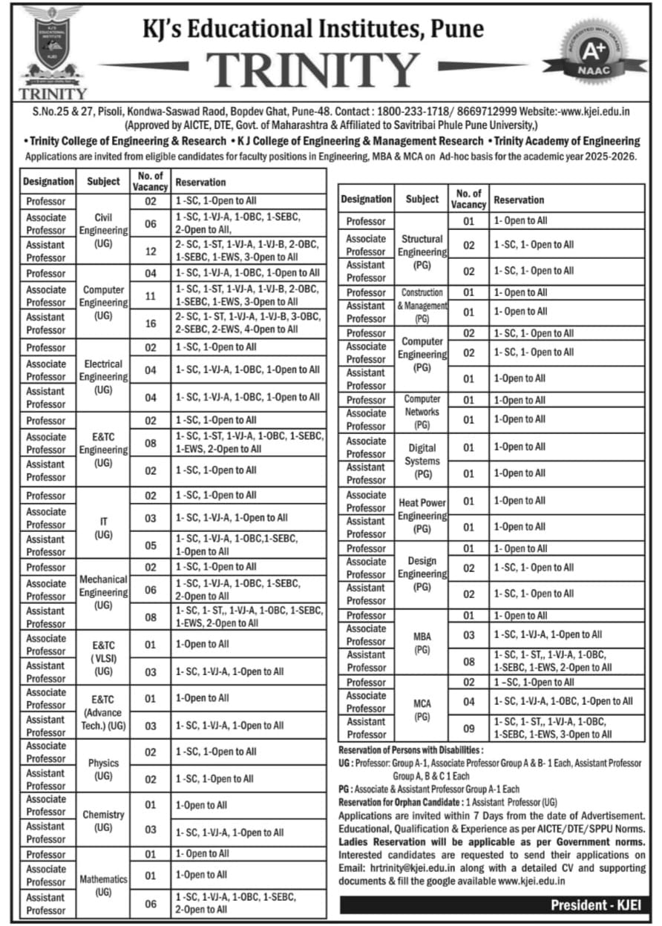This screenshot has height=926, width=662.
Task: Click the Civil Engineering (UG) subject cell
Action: pyautogui.click(x=103, y=230)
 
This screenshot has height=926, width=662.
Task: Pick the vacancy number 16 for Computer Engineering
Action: pyautogui.click(x=151, y=324)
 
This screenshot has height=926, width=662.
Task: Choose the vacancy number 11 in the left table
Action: pyautogui.click(x=151, y=295)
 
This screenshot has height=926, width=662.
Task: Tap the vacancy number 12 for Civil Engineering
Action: pyautogui.click(x=151, y=252)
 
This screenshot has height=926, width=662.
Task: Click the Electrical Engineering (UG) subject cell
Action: pyautogui.click(x=103, y=376)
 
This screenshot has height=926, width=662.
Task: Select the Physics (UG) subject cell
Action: pyautogui.click(x=103, y=769)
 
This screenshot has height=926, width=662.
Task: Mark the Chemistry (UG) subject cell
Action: pyautogui.click(x=103, y=821)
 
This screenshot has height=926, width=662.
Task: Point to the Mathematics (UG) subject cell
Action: pyautogui.click(x=103, y=885)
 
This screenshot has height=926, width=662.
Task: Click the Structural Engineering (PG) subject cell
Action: pyautogui.click(x=422, y=252)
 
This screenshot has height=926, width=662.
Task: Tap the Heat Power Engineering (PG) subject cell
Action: pyautogui.click(x=422, y=515)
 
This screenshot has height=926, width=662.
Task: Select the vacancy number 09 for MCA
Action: pyautogui.click(x=468, y=728)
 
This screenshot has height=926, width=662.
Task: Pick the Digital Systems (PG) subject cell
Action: pyautogui.click(x=422, y=461)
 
